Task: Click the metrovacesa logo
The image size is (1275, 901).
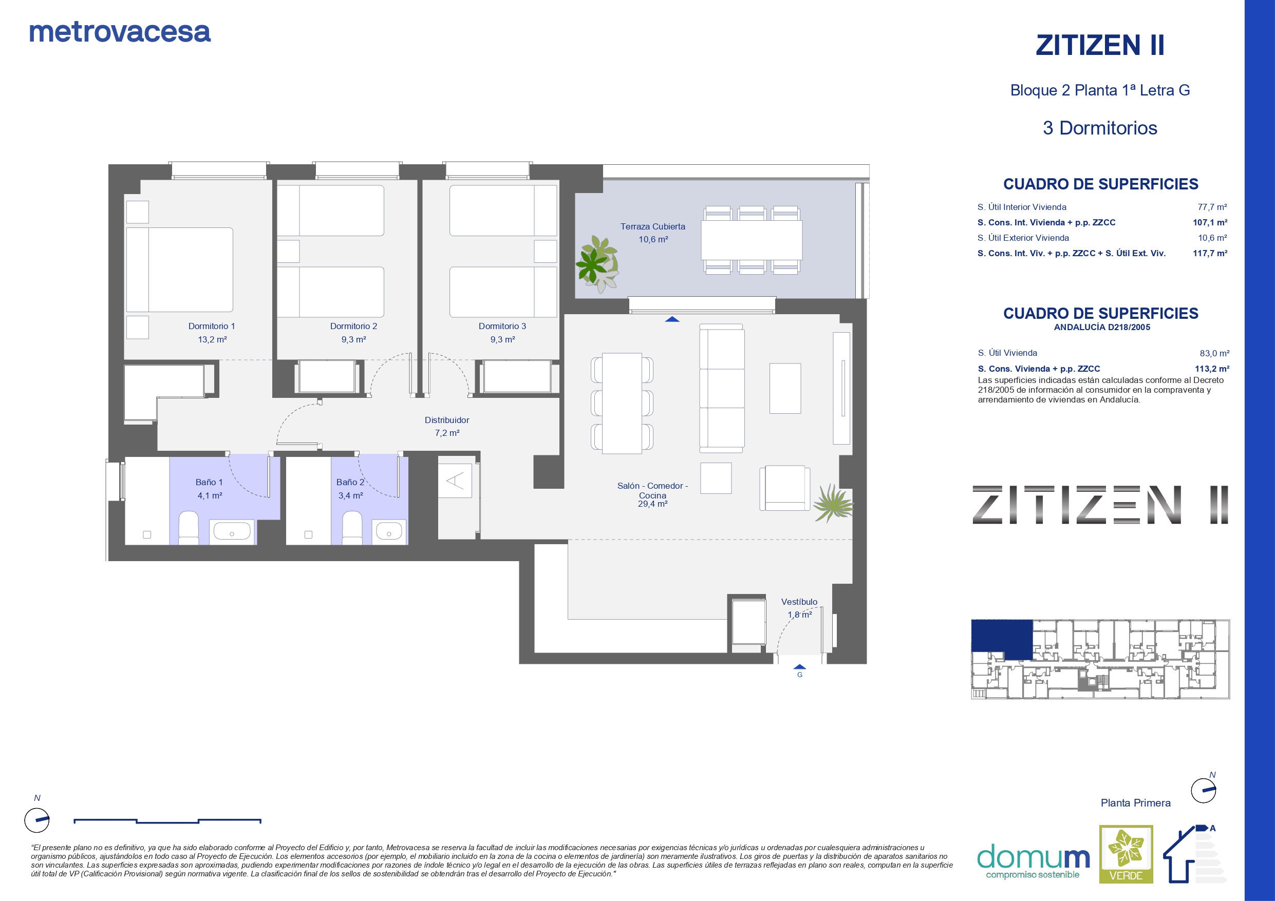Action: click(120, 32)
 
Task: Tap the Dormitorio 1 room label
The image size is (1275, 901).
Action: click(212, 326)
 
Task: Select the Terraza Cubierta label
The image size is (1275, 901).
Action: click(652, 226)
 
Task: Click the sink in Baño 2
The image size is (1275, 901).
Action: click(389, 532)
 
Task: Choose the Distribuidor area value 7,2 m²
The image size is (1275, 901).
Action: click(447, 433)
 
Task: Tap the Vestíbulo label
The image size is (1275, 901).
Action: click(799, 602)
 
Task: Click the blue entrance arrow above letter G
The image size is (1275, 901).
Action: click(800, 667)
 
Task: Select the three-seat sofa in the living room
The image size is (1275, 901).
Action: click(721, 388)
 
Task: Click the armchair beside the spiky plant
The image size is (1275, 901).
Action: click(784, 488)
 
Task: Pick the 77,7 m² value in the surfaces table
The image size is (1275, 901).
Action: click(1212, 207)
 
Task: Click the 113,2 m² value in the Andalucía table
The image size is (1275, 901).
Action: click(1212, 369)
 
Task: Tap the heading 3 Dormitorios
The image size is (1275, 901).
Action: click(1100, 128)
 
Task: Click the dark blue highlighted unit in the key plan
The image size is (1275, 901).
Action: click(1001, 640)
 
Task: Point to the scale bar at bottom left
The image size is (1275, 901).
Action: click(167, 820)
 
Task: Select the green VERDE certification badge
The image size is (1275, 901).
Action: click(1126, 854)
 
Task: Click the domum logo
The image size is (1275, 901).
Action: click(1033, 861)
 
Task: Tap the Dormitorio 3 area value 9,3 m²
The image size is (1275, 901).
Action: click(502, 339)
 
